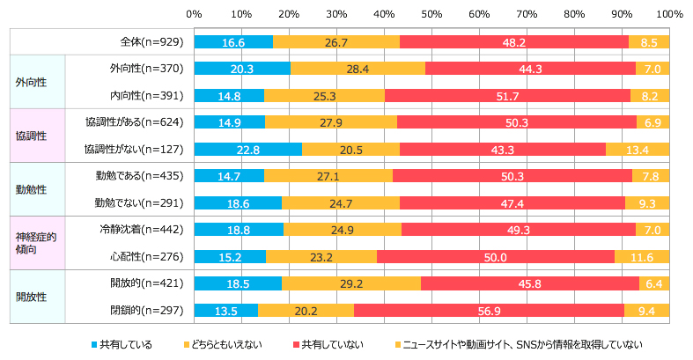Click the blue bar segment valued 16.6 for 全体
(x=233, y=41)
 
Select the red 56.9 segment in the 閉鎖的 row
(x=489, y=310)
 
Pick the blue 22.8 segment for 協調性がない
(x=248, y=150)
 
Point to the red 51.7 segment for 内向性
(x=507, y=95)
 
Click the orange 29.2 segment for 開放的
(x=351, y=283)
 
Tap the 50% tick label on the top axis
(x=431, y=15)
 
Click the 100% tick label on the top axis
(x=668, y=15)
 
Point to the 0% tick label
(x=195, y=15)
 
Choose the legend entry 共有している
(x=122, y=343)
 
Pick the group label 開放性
(x=31, y=297)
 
